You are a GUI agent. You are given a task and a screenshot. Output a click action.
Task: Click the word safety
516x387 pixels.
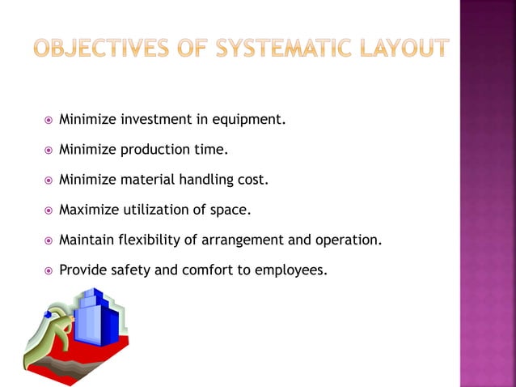tap(130, 270)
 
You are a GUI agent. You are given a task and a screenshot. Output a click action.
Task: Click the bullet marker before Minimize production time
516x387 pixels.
tap(48, 151)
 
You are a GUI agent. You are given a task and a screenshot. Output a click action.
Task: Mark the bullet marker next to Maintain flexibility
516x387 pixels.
tap(48, 240)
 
